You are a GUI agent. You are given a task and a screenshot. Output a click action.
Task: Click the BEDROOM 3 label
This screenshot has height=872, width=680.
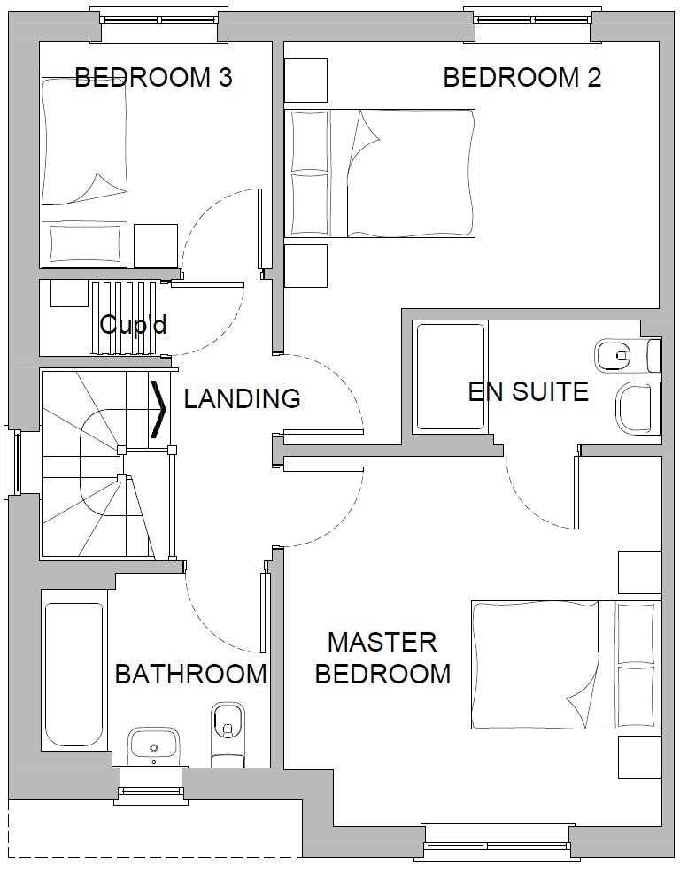[153, 77]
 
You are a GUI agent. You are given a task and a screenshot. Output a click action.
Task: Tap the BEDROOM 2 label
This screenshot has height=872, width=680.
[522, 77]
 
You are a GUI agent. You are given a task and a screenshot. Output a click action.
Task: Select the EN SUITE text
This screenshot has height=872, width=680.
[529, 391]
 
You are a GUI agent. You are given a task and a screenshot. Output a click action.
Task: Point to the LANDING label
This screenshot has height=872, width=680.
[243, 398]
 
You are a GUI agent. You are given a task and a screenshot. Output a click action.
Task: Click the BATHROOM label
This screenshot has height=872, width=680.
[190, 674]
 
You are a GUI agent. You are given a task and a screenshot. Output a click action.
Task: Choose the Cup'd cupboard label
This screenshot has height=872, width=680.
[133, 324]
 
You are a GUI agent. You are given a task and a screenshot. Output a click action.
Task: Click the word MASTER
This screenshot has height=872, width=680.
[382, 643]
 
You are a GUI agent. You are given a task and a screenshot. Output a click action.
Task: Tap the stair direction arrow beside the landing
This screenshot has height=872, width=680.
[158, 409]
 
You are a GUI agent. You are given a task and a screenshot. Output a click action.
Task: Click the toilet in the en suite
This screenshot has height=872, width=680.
[628, 354]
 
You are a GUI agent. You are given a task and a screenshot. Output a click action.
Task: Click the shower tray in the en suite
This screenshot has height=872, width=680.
[450, 377]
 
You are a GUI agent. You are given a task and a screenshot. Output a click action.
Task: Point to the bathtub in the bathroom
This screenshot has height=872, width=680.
[74, 669]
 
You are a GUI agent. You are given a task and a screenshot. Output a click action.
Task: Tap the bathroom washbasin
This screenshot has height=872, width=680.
[153, 746]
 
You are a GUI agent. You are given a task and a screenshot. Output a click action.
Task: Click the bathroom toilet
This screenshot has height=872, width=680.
[228, 735]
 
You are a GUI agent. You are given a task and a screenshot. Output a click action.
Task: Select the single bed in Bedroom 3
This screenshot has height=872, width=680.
[84, 173]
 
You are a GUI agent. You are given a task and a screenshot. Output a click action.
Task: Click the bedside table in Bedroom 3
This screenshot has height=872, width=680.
[156, 246]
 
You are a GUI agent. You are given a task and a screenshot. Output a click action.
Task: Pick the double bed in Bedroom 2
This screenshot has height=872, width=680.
[380, 174]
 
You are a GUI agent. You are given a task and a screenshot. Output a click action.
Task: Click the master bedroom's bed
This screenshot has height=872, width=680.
[566, 665]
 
